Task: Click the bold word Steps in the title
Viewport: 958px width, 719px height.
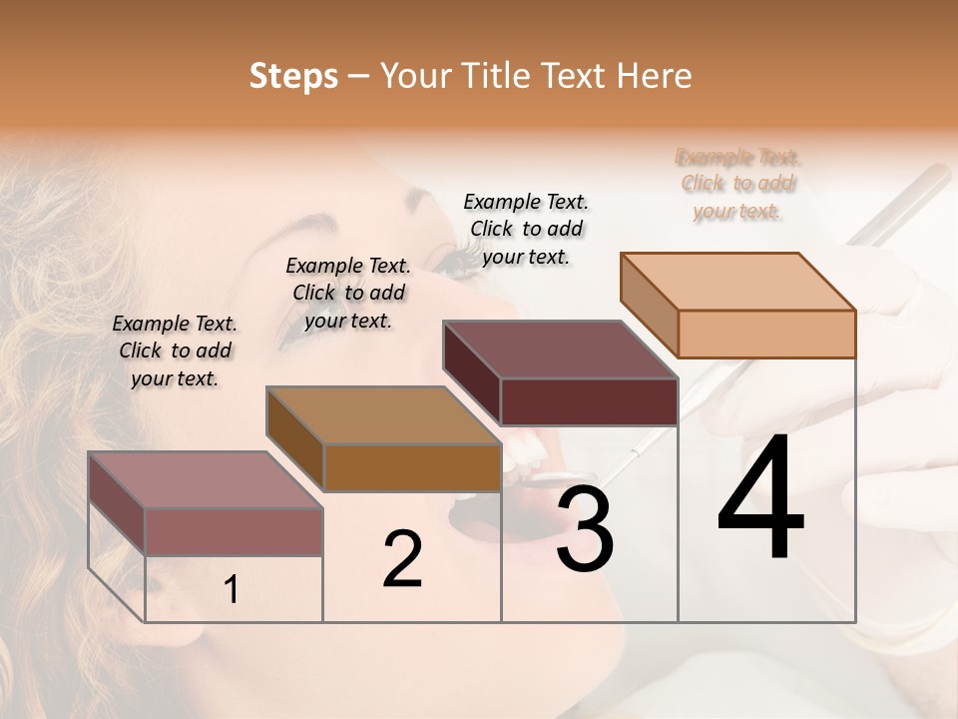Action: [293, 76]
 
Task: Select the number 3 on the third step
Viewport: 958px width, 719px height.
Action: [585, 529]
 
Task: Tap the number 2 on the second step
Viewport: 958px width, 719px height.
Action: [402, 559]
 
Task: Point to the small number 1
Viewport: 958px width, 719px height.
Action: [231, 590]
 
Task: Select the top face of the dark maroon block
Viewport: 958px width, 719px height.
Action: [560, 350]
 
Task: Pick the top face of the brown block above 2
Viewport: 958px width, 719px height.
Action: [383, 415]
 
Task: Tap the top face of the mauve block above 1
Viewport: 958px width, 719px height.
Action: [206, 479]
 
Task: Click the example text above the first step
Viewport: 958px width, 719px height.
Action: [175, 351]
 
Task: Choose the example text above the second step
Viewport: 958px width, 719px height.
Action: [348, 293]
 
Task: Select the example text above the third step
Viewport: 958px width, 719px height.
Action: [526, 229]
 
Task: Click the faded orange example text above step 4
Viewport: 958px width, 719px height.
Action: [738, 184]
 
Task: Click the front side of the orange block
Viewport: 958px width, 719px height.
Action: [766, 334]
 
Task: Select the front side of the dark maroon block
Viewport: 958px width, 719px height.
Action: [589, 401]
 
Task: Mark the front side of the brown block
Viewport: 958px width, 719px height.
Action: [412, 467]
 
